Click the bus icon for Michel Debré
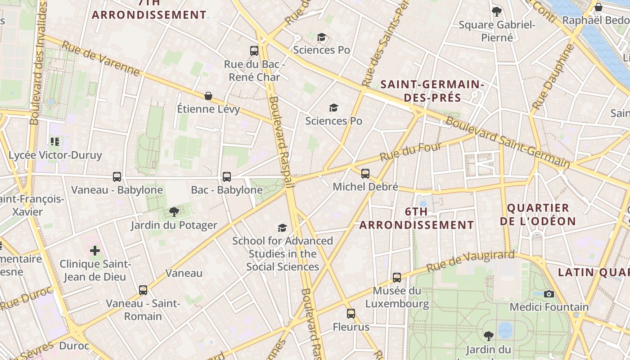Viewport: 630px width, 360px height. pyautogui.click(x=365, y=173)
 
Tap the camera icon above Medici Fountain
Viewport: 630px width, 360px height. pyautogui.click(x=549, y=294)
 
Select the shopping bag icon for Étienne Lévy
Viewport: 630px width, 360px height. pyautogui.click(x=208, y=96)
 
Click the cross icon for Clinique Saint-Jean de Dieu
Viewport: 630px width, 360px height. pyautogui.click(x=95, y=250)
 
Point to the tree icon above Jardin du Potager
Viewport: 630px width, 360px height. pyautogui.click(x=174, y=212)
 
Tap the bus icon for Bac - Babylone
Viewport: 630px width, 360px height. pyautogui.click(x=227, y=177)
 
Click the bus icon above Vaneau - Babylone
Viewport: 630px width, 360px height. pyautogui.click(x=117, y=177)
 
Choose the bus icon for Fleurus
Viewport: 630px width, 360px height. pyautogui.click(x=351, y=314)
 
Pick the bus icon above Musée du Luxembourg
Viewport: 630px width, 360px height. pyautogui.click(x=396, y=278)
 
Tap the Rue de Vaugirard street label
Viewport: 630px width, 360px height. pyautogui.click(x=470, y=261)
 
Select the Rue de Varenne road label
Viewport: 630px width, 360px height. pyautogui.click(x=101, y=59)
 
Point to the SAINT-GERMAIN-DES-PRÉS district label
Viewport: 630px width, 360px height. pyautogui.click(x=432, y=91)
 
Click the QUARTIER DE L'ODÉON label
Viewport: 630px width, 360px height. pyautogui.click(x=538, y=214)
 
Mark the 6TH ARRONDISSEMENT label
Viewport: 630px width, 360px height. pyautogui.click(x=416, y=218)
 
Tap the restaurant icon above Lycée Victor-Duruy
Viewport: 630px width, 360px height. pyautogui.click(x=55, y=142)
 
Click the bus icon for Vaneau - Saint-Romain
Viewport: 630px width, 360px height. pyautogui.click(x=143, y=290)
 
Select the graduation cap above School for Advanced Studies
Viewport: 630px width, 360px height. pyautogui.click(x=282, y=228)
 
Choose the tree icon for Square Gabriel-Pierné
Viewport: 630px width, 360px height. pyautogui.click(x=497, y=11)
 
